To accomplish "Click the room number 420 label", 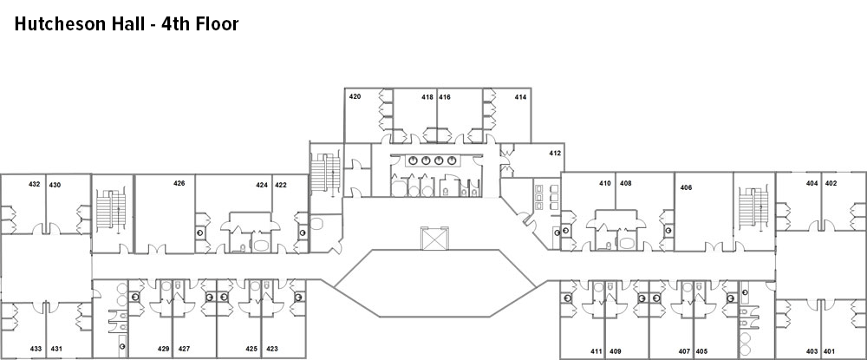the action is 355,97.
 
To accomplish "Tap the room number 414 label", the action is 520,97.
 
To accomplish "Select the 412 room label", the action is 555,153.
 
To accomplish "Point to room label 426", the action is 179,183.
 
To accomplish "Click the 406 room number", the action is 686,187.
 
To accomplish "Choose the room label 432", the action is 35,185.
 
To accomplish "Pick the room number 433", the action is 36,349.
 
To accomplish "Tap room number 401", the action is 830,351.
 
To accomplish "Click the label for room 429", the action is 163,349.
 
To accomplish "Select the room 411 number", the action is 596,351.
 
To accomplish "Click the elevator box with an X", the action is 433,239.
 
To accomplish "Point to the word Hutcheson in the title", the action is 59,24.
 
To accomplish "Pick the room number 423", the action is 272,349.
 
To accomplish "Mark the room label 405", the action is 701,351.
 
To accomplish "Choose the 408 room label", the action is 625,183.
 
